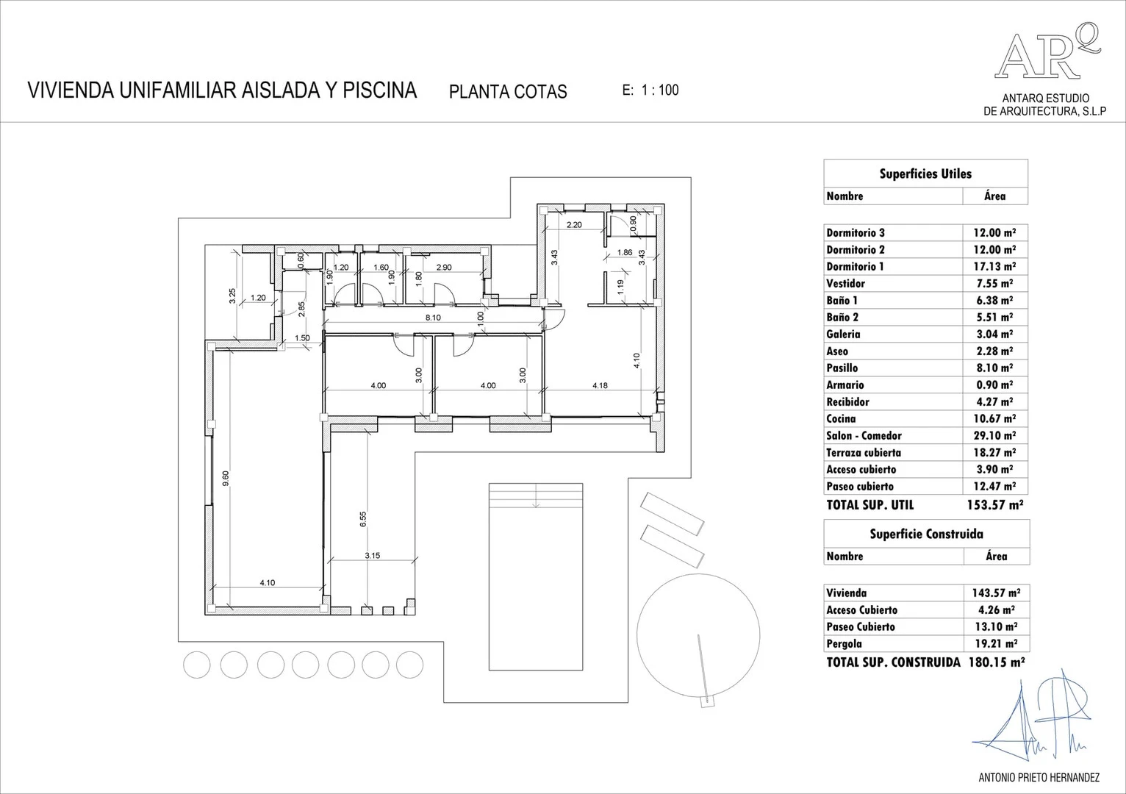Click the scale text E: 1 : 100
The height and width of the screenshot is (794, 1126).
pos(650,90)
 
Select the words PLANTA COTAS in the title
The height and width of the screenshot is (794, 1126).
pos(508,92)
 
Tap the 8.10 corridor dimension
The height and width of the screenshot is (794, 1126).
pos(433,318)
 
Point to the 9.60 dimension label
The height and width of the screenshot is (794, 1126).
pos(226,479)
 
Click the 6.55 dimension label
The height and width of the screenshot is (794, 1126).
pos(363,520)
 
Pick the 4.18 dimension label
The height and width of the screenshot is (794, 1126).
pos(600,385)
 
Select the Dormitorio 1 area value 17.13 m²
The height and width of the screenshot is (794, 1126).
pos(994,267)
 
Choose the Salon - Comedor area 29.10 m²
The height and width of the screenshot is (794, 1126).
pos(994,436)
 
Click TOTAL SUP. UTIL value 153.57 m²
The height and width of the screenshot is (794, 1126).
pos(994,505)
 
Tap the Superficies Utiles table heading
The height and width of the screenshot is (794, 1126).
pos(925,174)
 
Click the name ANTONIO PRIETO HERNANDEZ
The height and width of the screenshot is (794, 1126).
pos(1039,777)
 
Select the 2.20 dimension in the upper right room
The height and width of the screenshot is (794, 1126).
pos(573,225)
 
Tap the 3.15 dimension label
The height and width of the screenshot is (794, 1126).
pos(372,556)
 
